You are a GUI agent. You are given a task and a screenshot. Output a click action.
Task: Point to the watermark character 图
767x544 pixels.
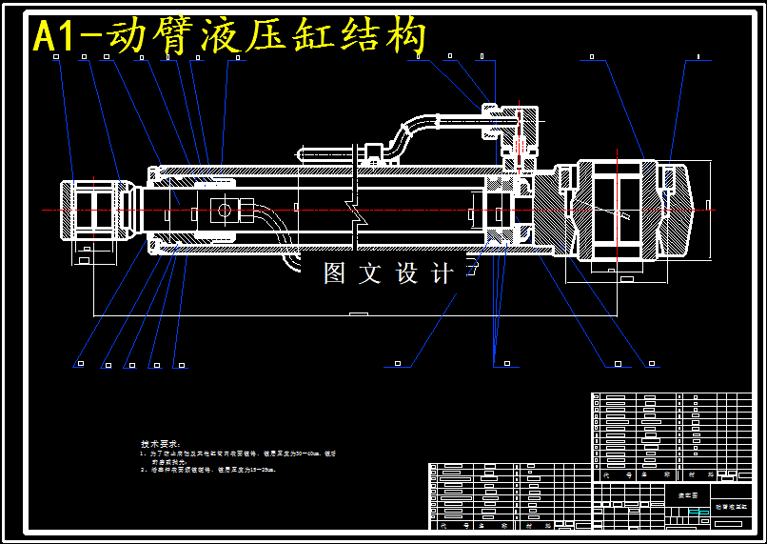[x=334, y=273]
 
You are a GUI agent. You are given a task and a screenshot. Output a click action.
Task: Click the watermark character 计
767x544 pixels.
[x=442, y=273]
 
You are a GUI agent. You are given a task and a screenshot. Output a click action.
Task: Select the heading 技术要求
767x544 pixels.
[x=160, y=444]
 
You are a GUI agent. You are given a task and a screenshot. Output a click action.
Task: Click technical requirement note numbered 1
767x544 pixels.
[x=238, y=456]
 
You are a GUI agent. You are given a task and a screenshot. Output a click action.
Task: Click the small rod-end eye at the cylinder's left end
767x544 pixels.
[x=92, y=210]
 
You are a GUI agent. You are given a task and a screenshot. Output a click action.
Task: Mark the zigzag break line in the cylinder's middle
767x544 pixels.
[x=353, y=205]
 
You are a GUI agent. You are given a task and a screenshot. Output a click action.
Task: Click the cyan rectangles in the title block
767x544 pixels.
[x=698, y=513]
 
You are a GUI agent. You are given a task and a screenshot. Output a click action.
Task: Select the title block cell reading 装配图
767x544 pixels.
[x=687, y=495]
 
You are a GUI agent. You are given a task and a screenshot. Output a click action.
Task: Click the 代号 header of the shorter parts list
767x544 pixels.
[x=443, y=525]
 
